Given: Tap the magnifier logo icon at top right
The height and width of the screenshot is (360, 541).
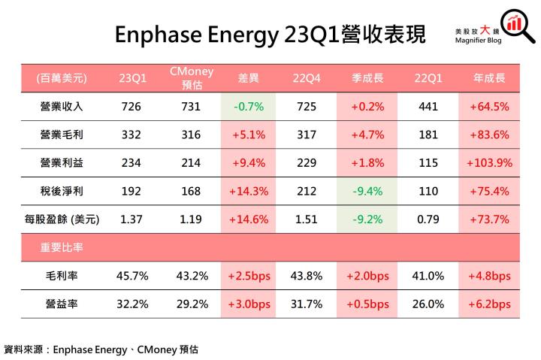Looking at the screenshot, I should click(x=514, y=23).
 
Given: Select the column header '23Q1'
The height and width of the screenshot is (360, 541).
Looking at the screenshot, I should click(x=133, y=78).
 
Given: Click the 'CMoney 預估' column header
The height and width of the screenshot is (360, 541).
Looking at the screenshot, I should click(x=191, y=78).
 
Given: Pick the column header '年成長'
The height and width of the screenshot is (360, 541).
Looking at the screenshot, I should click(x=488, y=78).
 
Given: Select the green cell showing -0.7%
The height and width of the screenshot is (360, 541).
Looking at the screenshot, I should click(x=249, y=107).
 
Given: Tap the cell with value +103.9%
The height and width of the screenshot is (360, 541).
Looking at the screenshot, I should click(x=488, y=163).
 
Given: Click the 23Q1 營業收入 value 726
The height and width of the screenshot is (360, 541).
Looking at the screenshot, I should click(x=133, y=107).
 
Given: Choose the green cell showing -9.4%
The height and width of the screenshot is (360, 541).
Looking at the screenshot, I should click(x=368, y=192).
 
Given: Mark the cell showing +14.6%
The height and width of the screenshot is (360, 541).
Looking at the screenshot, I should click(x=249, y=220).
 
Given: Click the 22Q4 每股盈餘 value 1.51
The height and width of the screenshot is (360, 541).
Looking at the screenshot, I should click(x=309, y=220).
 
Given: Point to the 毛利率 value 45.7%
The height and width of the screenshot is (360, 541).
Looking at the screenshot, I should click(x=133, y=276).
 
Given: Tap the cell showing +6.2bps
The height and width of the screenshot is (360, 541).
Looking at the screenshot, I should click(x=488, y=304).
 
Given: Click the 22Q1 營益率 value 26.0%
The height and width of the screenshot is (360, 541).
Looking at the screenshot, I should click(x=428, y=304).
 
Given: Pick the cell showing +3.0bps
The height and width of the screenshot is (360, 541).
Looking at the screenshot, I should click(x=249, y=304).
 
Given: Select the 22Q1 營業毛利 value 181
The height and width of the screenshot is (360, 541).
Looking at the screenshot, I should click(x=428, y=135).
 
